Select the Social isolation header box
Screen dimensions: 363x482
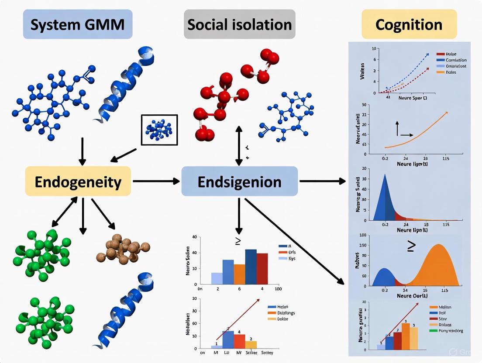coord(239,24)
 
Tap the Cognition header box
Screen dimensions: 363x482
coord(409,24)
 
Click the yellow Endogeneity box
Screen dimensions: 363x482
coord(78,181)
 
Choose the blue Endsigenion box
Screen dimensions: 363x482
coord(239,181)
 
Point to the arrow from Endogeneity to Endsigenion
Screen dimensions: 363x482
coord(156,181)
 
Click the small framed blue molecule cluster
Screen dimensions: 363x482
coord(159,130)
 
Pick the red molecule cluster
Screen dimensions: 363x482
coord(223,96)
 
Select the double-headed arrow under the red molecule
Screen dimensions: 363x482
coord(239,145)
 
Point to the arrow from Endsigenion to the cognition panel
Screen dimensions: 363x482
coord(322,181)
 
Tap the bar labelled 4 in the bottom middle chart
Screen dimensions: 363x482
coord(239,340)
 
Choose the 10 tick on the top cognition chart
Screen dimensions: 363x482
coord(374,48)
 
